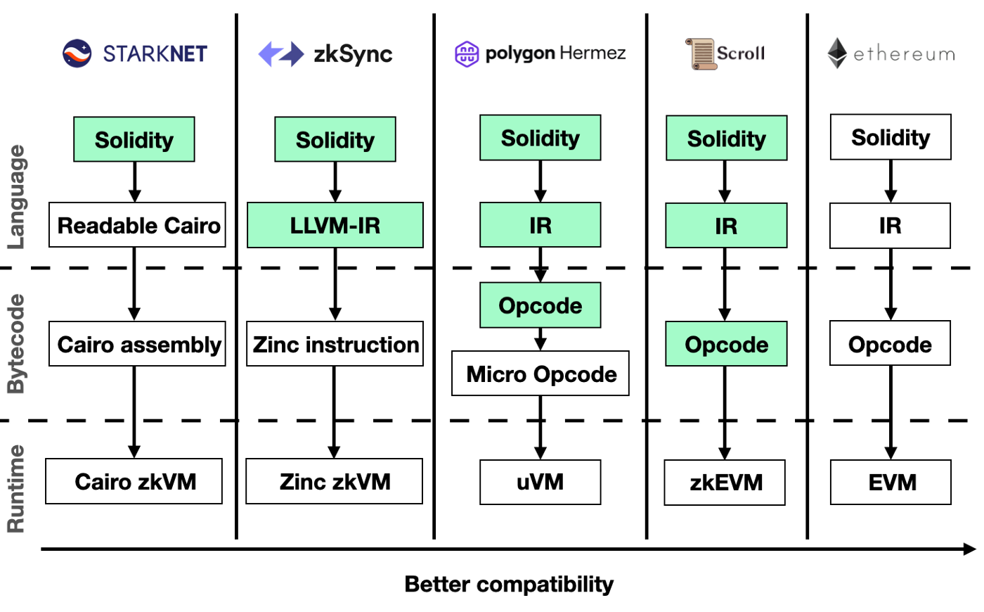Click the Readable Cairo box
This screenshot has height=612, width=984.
click(x=137, y=225)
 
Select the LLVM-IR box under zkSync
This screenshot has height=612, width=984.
click(x=335, y=225)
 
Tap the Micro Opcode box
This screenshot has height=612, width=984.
click(x=540, y=374)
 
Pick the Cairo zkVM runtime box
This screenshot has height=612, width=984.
click(x=134, y=481)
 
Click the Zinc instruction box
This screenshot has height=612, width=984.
click(x=335, y=344)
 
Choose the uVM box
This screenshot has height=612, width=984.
click(x=540, y=482)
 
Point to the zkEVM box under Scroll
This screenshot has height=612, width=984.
click(x=725, y=483)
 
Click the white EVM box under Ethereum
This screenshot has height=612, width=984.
click(x=891, y=483)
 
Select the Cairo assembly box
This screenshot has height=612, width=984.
click(x=137, y=344)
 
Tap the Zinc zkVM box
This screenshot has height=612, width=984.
click(x=335, y=481)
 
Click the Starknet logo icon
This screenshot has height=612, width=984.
click(x=77, y=53)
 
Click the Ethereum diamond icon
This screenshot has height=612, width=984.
click(x=836, y=53)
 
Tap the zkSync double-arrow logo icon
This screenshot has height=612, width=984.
click(x=280, y=54)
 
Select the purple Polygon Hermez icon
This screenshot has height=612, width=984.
click(x=467, y=53)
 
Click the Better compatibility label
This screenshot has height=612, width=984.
click(x=509, y=584)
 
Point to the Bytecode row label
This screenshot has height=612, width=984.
click(x=16, y=344)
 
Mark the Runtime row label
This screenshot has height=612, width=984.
click(x=16, y=488)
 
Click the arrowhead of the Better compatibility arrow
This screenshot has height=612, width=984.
click(x=970, y=549)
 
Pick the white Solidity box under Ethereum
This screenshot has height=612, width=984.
click(x=891, y=137)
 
